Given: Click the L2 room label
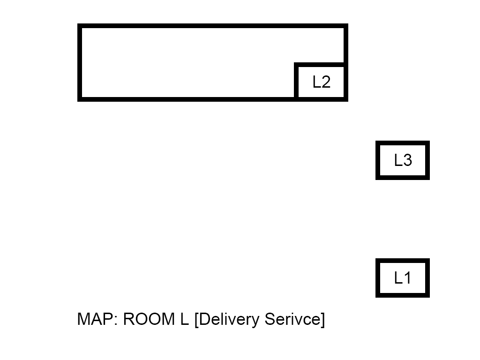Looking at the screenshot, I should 322,82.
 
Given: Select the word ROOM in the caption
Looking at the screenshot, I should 148,319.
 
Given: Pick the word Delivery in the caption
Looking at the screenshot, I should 229,320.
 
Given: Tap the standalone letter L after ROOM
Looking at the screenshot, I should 184,319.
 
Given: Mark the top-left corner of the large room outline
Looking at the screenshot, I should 80,26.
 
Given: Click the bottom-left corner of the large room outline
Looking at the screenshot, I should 80,99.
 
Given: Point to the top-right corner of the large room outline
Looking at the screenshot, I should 345,26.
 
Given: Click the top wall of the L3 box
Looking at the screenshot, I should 403,142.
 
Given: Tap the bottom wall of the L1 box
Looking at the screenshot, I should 403,295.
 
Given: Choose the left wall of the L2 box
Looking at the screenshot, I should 296,82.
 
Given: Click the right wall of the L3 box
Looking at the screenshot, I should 427,160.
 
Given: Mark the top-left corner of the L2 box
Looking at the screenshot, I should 296,65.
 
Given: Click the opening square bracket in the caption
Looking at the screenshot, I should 196,320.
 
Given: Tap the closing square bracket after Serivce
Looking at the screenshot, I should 322,320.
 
